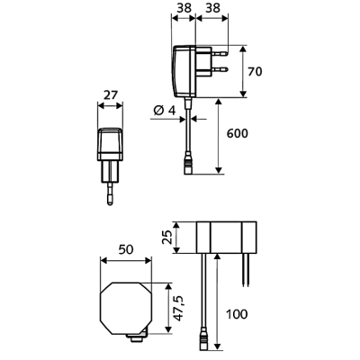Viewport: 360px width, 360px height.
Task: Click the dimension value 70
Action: (255, 71)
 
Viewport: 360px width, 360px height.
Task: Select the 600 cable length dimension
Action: (238, 133)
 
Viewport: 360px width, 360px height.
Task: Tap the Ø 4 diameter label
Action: (164, 111)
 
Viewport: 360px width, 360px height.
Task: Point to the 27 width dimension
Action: (110, 95)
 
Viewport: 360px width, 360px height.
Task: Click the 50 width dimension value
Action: (126, 249)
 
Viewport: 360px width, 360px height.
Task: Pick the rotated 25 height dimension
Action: (168, 238)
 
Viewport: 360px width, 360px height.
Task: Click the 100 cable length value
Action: (237, 314)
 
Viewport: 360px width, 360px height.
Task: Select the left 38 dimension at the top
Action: (184, 8)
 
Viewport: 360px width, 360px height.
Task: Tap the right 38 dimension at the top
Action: (213, 8)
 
